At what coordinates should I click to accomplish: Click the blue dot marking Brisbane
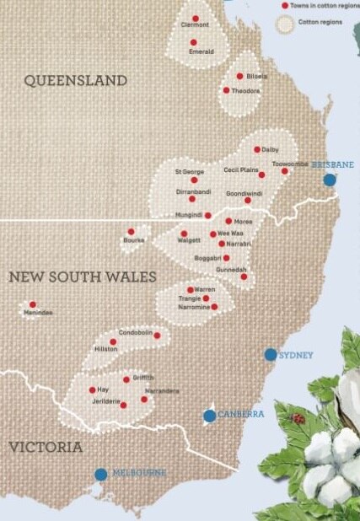329,180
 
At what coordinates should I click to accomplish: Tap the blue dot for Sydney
271,355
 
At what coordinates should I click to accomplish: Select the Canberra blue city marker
210,415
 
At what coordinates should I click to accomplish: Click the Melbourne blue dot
101,474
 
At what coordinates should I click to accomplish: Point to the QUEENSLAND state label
76,81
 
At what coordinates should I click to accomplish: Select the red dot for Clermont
196,18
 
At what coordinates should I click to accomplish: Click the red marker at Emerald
193,42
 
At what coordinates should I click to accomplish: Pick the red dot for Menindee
33,304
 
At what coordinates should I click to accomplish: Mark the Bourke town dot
131,231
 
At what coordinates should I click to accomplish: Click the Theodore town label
245,90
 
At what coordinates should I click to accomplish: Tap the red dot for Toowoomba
284,171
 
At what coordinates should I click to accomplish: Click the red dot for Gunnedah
244,277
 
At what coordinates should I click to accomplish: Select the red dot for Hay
92,389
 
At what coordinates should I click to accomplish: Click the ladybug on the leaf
297,416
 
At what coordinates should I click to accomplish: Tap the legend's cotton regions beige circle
284,23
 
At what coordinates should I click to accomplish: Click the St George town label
190,171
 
